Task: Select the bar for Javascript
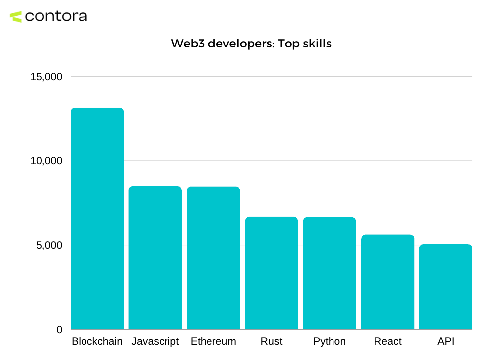[x=155, y=258]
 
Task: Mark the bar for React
[x=387, y=282]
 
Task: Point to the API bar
[x=446, y=287]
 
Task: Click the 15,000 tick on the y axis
[x=45, y=77]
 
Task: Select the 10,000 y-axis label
[x=45, y=161]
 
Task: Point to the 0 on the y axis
[x=59, y=330]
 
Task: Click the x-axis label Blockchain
[x=97, y=341]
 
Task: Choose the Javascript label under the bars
[x=155, y=341]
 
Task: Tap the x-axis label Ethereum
[x=213, y=341]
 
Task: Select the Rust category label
[x=271, y=341]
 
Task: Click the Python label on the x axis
[x=330, y=341]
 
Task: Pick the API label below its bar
[x=446, y=341]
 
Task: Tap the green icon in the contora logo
[x=16, y=17]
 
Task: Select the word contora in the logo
[x=55, y=16]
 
